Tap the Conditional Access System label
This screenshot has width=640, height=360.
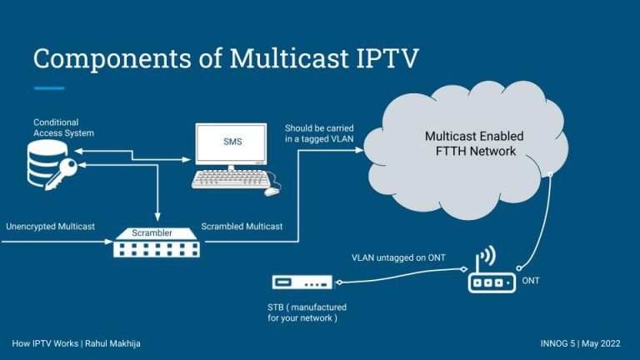(x=63, y=127)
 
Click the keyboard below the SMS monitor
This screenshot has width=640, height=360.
(x=229, y=179)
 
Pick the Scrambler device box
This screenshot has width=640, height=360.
(x=157, y=242)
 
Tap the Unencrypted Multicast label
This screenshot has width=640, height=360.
(x=50, y=227)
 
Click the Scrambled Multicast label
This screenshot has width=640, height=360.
(x=242, y=227)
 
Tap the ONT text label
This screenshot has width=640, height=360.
(x=531, y=281)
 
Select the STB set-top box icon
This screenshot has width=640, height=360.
(x=302, y=282)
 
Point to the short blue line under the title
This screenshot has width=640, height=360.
(x=49, y=87)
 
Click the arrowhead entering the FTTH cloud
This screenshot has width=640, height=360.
(x=359, y=150)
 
